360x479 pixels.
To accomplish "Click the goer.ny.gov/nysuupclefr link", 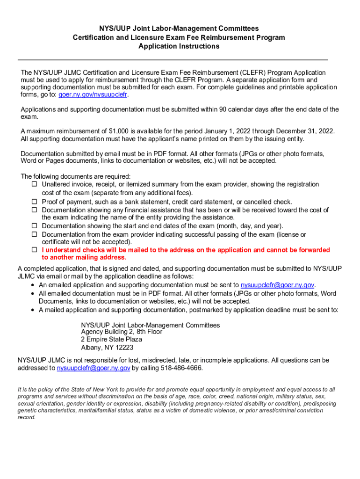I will coord(93,94).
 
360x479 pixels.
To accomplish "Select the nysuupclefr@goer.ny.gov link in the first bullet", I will coord(278,285).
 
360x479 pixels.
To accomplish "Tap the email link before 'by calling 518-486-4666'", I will coord(94,368).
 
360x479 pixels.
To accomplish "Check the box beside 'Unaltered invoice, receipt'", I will coord(34,185).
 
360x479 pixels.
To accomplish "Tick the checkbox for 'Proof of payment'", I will coord(34,202).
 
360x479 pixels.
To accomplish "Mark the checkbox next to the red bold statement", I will coord(34,250).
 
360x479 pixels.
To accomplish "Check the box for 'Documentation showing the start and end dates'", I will coord(34,226).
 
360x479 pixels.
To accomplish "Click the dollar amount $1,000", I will coord(117,131).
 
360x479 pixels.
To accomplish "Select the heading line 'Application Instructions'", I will coord(179,46).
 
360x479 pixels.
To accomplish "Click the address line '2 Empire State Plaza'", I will coord(111,339).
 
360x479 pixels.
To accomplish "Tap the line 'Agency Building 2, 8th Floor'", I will coord(122,332).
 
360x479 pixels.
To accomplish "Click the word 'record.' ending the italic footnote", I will coord(27,417).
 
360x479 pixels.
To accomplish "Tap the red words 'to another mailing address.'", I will coord(84,257).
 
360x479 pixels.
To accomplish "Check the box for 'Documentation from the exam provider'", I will coord(34,234).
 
